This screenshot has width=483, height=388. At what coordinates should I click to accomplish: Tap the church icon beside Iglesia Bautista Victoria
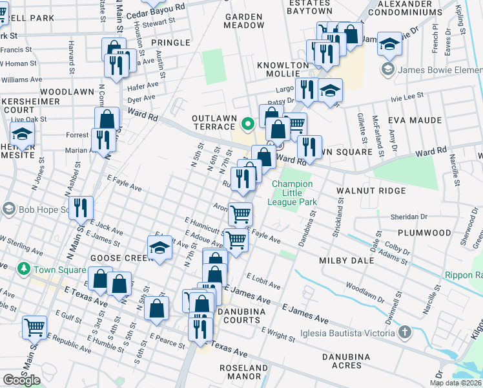click(404, 333)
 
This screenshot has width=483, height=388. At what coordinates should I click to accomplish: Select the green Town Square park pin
click(24, 268)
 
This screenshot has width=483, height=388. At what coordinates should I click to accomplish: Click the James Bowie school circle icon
click(388, 69)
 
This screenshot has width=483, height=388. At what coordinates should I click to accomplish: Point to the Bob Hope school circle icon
click(8, 209)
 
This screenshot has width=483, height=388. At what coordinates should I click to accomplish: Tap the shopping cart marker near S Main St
click(34, 327)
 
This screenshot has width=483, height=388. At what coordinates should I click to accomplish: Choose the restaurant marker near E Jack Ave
click(81, 208)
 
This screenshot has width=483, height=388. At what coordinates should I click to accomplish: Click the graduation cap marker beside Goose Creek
click(159, 248)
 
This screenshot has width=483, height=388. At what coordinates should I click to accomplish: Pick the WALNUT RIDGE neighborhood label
click(371, 191)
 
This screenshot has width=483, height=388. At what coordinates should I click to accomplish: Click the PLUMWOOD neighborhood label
click(424, 232)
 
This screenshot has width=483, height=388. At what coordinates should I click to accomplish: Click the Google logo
click(21, 380)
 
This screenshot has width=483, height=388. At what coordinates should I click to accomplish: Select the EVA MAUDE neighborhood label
click(415, 120)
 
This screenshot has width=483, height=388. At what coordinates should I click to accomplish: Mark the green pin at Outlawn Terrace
click(247, 123)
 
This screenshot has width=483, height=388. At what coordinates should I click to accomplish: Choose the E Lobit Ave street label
click(263, 282)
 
